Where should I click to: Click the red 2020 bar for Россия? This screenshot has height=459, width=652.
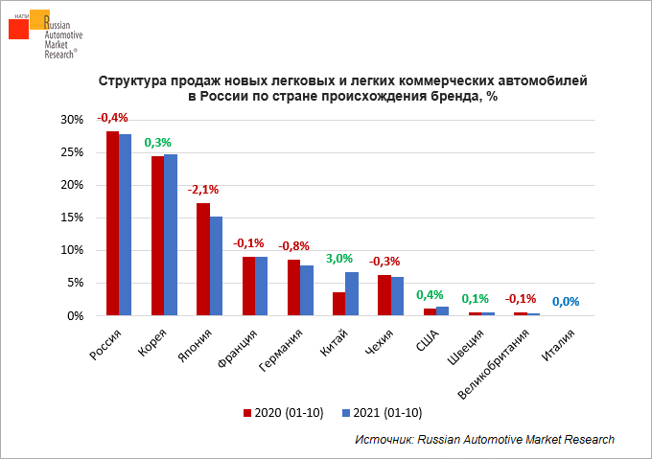(112, 223)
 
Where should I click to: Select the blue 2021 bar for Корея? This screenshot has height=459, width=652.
(171, 235)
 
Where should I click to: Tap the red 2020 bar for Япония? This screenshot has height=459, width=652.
(202, 259)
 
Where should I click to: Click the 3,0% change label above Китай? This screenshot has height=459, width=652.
(339, 258)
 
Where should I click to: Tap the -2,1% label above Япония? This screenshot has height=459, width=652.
(202, 190)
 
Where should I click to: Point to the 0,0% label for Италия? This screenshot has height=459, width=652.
(566, 301)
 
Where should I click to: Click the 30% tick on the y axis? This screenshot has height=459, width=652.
(72, 120)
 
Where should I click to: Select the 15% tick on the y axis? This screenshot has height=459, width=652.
(72, 218)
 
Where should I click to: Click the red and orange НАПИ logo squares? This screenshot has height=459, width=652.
(26, 26)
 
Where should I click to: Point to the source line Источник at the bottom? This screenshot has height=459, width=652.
(483, 439)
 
